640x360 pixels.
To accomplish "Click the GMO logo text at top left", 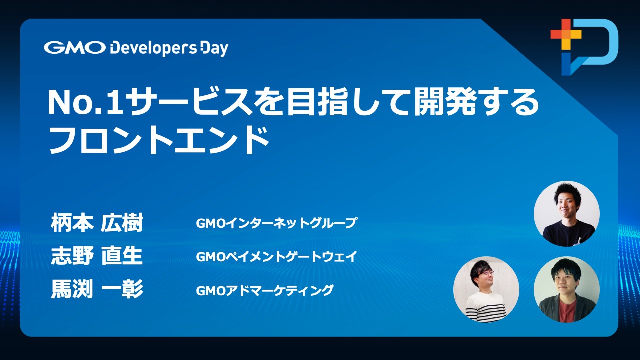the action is [x=75, y=47].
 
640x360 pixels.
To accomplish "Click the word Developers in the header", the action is [x=153, y=49].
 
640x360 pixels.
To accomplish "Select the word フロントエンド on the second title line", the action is [x=159, y=140].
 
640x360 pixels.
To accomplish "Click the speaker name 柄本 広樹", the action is [x=97, y=223].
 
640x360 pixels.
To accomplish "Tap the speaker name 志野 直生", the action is [x=97, y=256].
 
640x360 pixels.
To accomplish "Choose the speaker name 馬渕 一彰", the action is [x=97, y=289].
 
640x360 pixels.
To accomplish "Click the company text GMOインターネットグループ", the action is [x=276, y=223].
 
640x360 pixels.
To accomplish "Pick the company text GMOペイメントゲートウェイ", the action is [x=276, y=256].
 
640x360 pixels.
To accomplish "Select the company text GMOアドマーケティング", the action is [x=265, y=290].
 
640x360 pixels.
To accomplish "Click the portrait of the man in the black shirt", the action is [x=567, y=213].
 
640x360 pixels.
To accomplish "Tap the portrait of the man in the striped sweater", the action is [x=486, y=289].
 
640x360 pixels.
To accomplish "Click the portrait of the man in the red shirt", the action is [x=567, y=289].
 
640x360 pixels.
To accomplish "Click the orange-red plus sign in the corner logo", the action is [x=566, y=34].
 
